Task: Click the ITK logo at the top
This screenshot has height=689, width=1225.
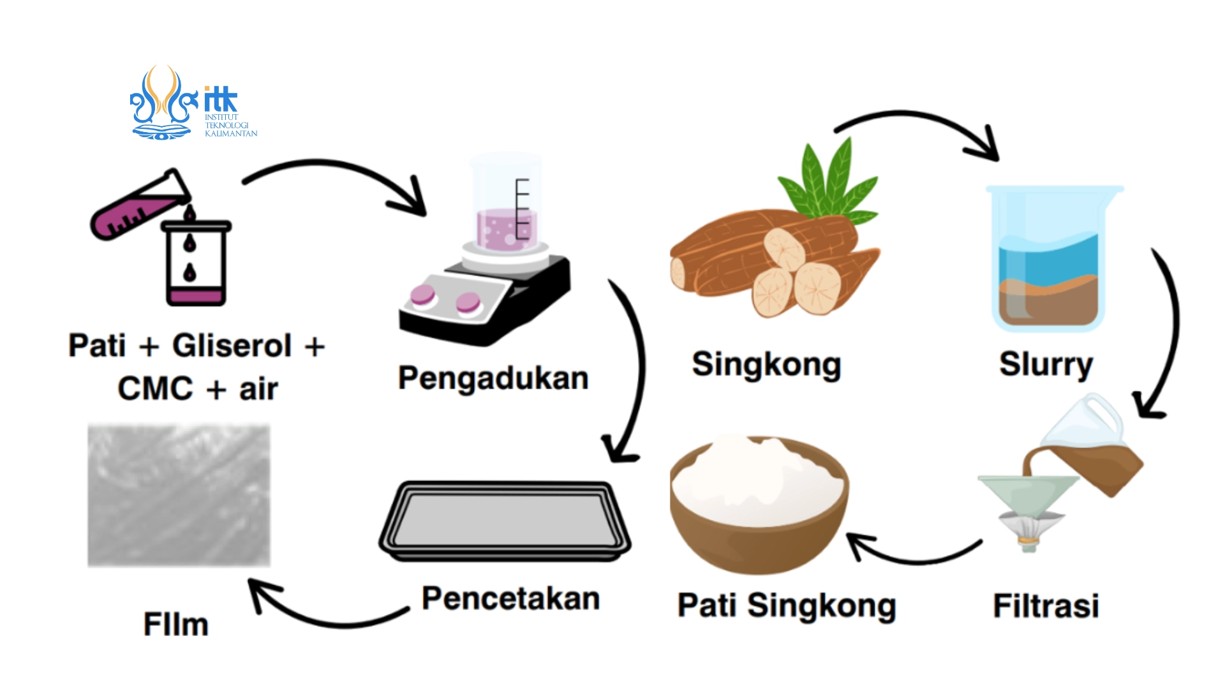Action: (191, 103)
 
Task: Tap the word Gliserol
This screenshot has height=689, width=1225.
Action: (232, 346)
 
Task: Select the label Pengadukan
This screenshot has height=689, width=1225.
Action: (493, 378)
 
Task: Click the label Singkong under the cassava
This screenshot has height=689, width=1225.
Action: (766, 365)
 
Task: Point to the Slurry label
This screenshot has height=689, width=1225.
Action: (1046, 364)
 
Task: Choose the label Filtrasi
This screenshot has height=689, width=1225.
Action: (1046, 605)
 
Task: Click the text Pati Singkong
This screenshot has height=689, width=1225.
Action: (786, 605)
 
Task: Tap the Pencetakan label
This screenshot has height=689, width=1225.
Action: (510, 598)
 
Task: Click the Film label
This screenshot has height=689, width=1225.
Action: (175, 624)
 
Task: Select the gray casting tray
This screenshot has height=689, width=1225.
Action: (504, 521)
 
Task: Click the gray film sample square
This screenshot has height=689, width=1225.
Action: (179, 496)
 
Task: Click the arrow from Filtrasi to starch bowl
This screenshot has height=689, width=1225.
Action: (912, 555)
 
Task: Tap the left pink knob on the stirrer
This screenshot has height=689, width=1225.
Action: (422, 295)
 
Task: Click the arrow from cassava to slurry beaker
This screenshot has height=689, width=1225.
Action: (919, 124)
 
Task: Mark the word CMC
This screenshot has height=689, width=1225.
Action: (155, 389)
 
